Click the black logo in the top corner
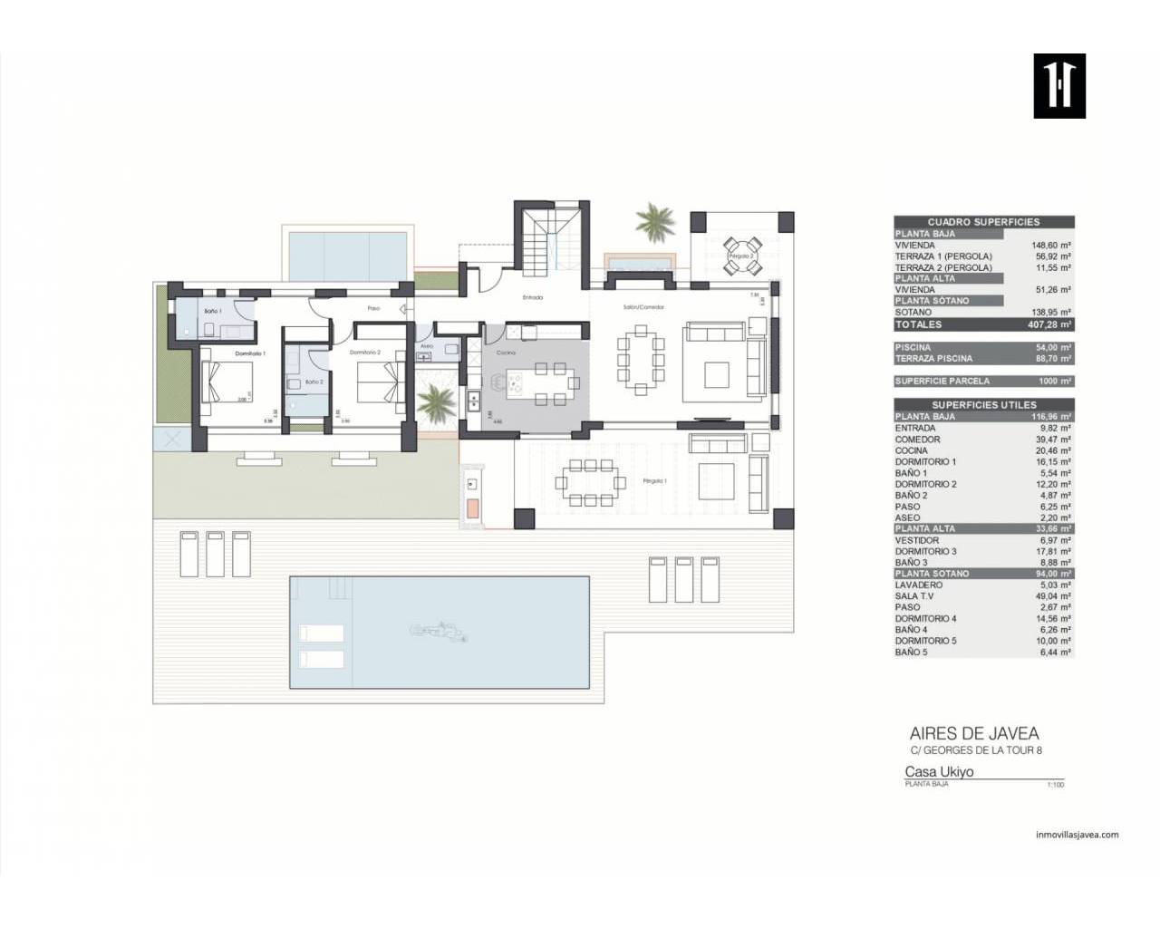pyautogui.click(x=1059, y=86)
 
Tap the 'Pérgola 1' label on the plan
pyautogui.click(x=654, y=481)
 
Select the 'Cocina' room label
pyautogui.click(x=506, y=353)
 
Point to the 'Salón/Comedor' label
pyautogui.click(x=643, y=307)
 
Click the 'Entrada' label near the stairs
pyautogui.click(x=533, y=297)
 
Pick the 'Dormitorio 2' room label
pyautogui.click(x=364, y=353)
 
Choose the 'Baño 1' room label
pyautogui.click(x=213, y=311)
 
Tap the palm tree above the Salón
pyautogui.click(x=654, y=220)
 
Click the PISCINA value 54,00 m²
pyautogui.click(x=1054, y=348)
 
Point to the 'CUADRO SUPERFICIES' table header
pyautogui.click(x=983, y=222)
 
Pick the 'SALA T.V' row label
pyautogui.click(x=914, y=596)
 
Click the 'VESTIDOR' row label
pyautogui.click(x=917, y=540)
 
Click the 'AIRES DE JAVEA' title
pyautogui.click(x=974, y=734)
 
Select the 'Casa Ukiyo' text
pyautogui.click(x=939, y=772)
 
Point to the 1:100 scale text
pyautogui.click(x=1055, y=785)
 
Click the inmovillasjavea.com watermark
pyautogui.click(x=1077, y=836)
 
